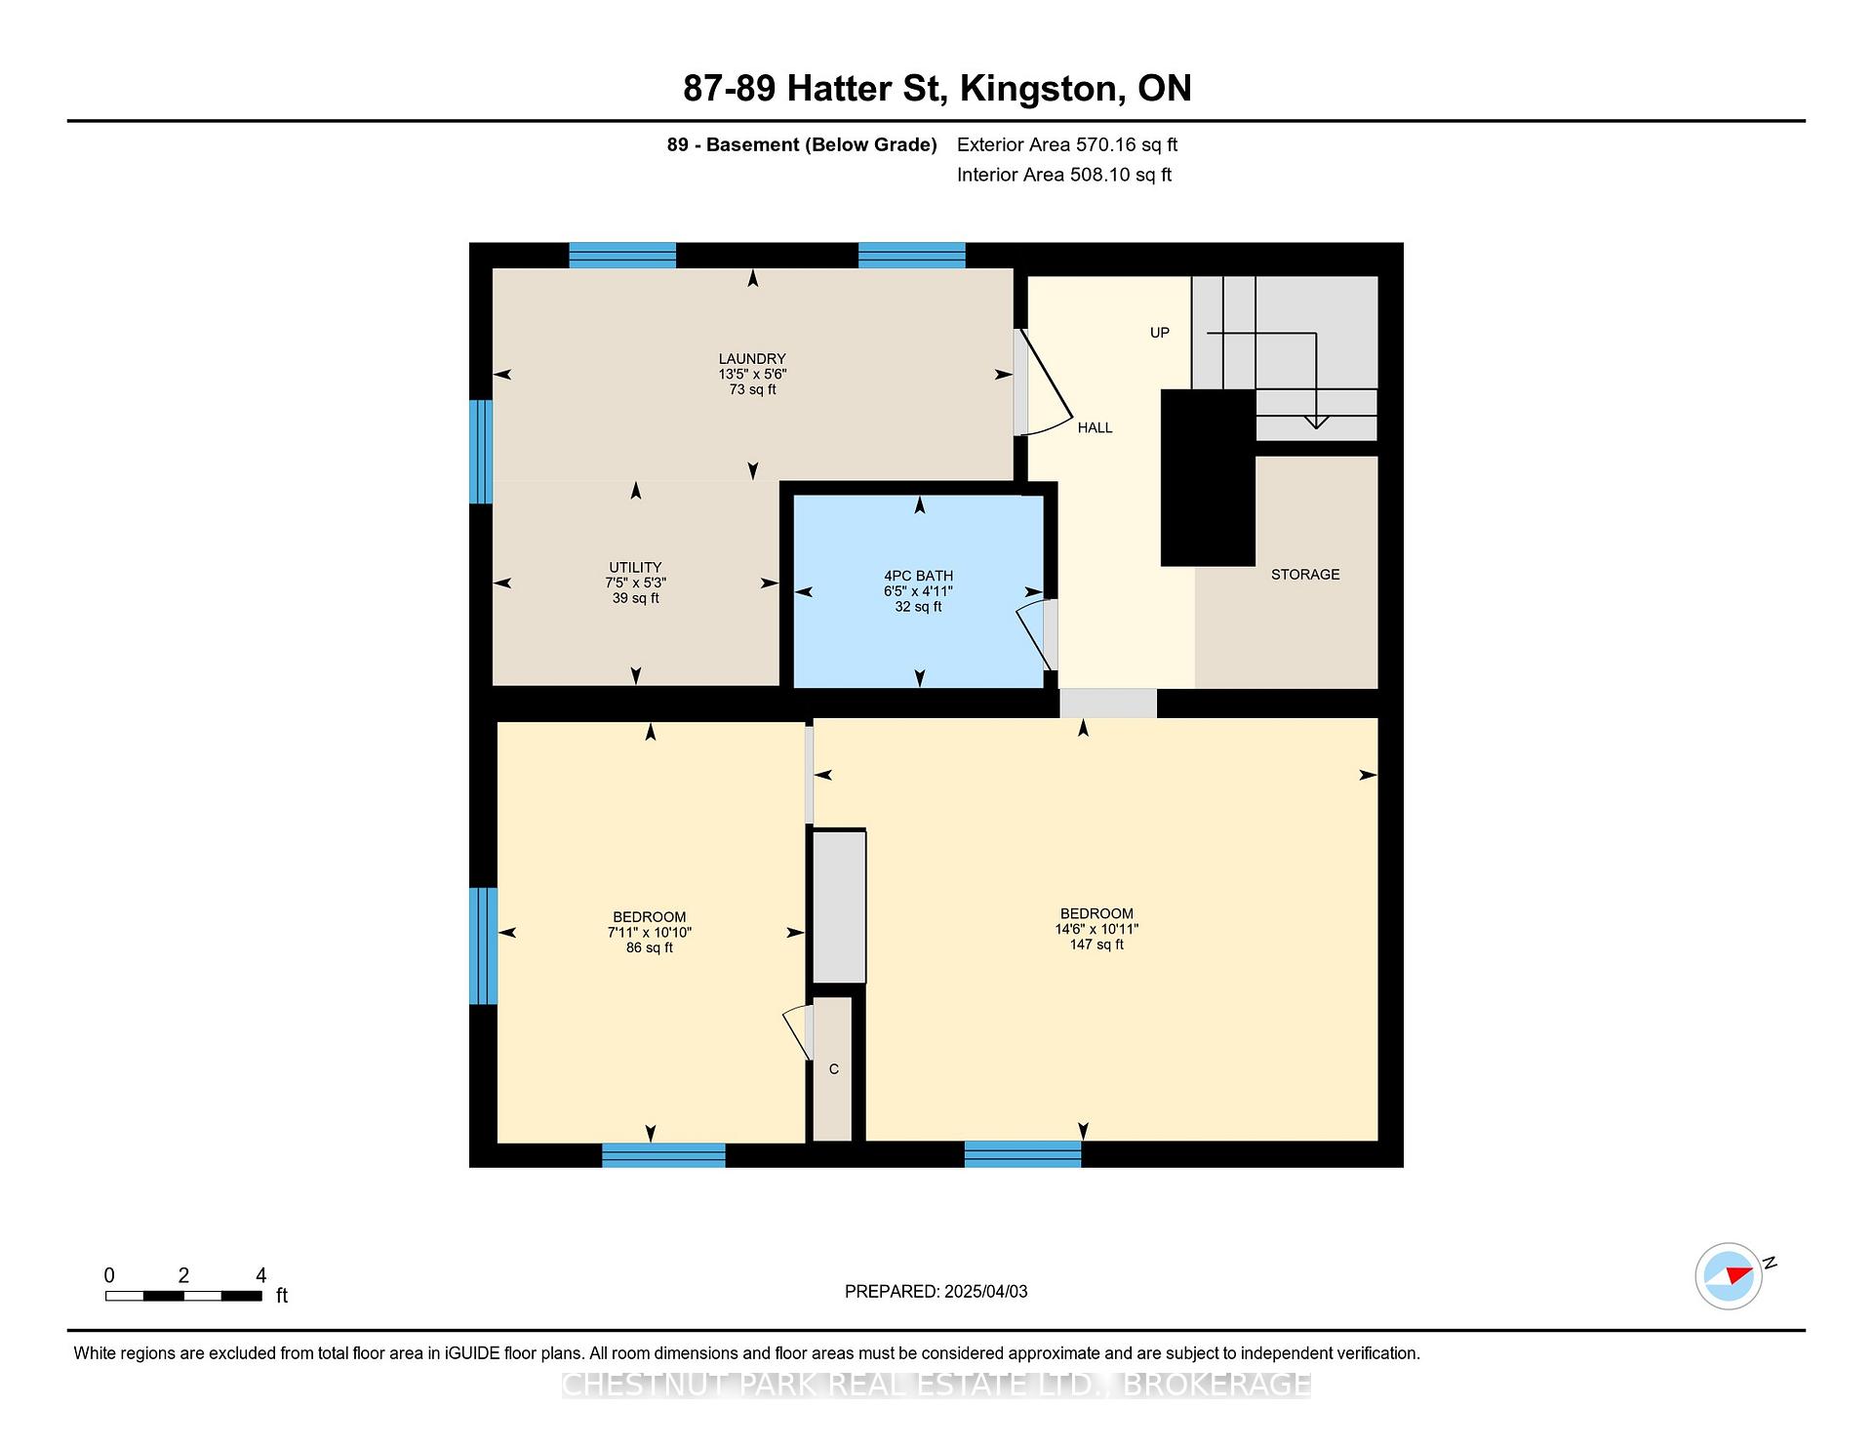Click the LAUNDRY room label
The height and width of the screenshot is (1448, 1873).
[x=752, y=359]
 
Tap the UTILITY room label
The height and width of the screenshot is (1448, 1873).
[x=635, y=568]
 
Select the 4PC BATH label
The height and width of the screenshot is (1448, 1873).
[x=918, y=577]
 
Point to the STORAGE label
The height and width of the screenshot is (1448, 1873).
[x=1305, y=575]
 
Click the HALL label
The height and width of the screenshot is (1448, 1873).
[x=1095, y=428]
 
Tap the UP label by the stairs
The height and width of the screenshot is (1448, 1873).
[x=1159, y=333]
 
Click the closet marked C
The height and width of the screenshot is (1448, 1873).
[x=833, y=1068]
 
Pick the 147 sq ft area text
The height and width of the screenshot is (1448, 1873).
[x=1096, y=945]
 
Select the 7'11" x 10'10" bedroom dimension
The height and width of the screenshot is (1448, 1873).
[x=649, y=933]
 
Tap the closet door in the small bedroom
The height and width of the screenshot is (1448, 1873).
[x=799, y=1032]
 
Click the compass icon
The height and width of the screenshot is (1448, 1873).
[x=1730, y=1275]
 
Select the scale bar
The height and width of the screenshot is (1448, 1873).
[x=183, y=1296]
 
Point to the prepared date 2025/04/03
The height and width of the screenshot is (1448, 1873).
[x=986, y=1292]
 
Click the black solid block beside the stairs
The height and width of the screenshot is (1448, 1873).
[x=1208, y=477]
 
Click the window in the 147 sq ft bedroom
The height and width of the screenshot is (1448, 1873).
[x=1022, y=1154]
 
